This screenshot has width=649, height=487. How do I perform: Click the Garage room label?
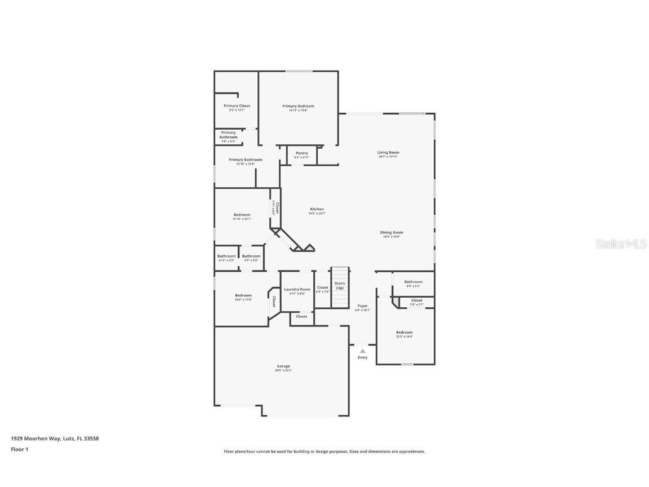click(x=283, y=366)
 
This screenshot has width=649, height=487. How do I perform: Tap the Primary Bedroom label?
click(x=298, y=106)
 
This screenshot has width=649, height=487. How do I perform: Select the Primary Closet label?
click(x=237, y=106)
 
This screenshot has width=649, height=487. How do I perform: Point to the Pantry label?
click(x=302, y=153)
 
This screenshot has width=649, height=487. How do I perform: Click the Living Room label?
click(x=388, y=153)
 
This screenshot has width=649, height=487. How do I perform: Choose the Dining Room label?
click(x=391, y=232)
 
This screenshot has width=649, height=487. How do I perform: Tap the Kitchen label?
click(x=316, y=209)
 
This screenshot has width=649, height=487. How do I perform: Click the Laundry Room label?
click(x=297, y=289)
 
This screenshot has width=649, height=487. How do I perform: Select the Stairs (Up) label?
click(x=340, y=286)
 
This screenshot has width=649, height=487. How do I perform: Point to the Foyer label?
click(x=362, y=306)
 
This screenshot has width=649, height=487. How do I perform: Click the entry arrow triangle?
click(x=362, y=351)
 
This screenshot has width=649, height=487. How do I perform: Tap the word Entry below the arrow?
click(x=362, y=357)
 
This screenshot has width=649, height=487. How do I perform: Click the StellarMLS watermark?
click(x=621, y=243)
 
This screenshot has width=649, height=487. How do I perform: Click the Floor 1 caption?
click(x=19, y=449)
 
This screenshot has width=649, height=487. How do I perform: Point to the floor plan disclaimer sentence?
click(x=324, y=451)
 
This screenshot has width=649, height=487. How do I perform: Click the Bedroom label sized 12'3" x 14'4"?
click(x=404, y=333)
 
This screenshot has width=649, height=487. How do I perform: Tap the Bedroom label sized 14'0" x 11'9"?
click(x=243, y=295)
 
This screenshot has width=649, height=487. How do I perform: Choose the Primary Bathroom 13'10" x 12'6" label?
click(x=245, y=160)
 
